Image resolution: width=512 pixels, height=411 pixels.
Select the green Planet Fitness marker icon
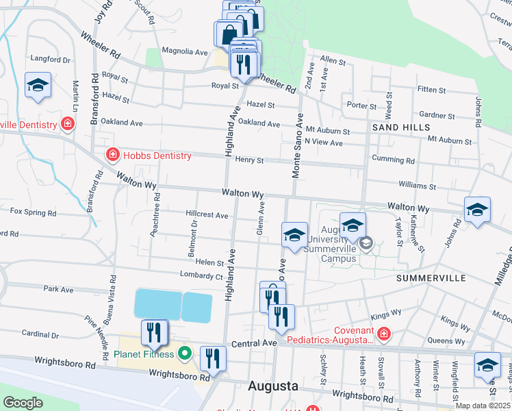(184, 354)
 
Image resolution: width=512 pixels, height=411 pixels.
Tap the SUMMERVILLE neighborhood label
(431, 278)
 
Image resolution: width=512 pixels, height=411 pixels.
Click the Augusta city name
(273, 386)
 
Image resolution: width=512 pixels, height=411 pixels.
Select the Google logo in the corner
(23, 402)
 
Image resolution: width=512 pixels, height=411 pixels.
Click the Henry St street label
(249, 160)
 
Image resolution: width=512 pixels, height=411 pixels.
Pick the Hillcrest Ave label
(207, 215)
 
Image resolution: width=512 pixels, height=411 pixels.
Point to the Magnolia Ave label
(184, 51)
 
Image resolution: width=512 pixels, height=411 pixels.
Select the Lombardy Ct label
(201, 276)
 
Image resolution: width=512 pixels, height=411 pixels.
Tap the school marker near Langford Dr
(38, 85)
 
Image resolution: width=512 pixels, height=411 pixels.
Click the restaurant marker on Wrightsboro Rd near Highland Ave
(213, 358)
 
